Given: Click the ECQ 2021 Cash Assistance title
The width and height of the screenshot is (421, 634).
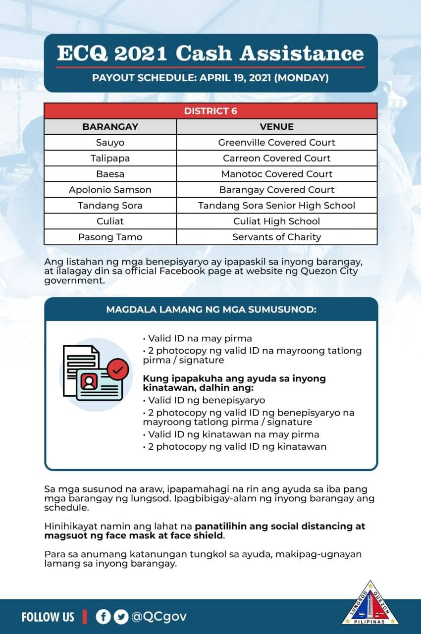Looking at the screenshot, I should coord(210,53).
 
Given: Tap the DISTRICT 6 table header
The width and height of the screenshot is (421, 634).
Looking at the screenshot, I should coord(210,111).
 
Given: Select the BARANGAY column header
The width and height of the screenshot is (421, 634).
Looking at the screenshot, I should coord(110,127).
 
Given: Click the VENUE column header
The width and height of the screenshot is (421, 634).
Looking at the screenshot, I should coord(276,127).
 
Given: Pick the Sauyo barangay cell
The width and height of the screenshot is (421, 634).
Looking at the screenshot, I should coord(110,143).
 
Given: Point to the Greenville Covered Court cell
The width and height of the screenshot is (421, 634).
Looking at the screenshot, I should coord(276,143).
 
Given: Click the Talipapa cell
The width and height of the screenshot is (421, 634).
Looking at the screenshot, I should coord(110,158).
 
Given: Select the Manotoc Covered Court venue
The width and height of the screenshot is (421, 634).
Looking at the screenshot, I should coord(276,174).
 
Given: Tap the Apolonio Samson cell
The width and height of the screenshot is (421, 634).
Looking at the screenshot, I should coord(110,190).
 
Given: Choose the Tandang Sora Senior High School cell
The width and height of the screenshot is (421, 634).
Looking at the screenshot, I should coord(276,206).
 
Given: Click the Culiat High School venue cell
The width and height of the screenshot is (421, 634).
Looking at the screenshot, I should coord(276,221).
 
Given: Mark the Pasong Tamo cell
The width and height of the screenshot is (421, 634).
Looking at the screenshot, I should coord(110,237).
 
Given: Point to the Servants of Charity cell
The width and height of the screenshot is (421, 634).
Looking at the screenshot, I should coord(276,237).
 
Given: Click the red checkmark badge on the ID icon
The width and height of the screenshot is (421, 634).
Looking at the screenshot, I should coord(118,369).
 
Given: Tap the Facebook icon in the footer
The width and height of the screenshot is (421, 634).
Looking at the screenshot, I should coord(103,617).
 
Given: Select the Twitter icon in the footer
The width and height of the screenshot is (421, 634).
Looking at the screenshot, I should coord(120,617).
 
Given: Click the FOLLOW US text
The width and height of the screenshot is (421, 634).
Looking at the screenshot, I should coord(48,617).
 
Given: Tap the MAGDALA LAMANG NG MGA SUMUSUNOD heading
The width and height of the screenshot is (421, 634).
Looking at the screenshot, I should coord(211,310).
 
